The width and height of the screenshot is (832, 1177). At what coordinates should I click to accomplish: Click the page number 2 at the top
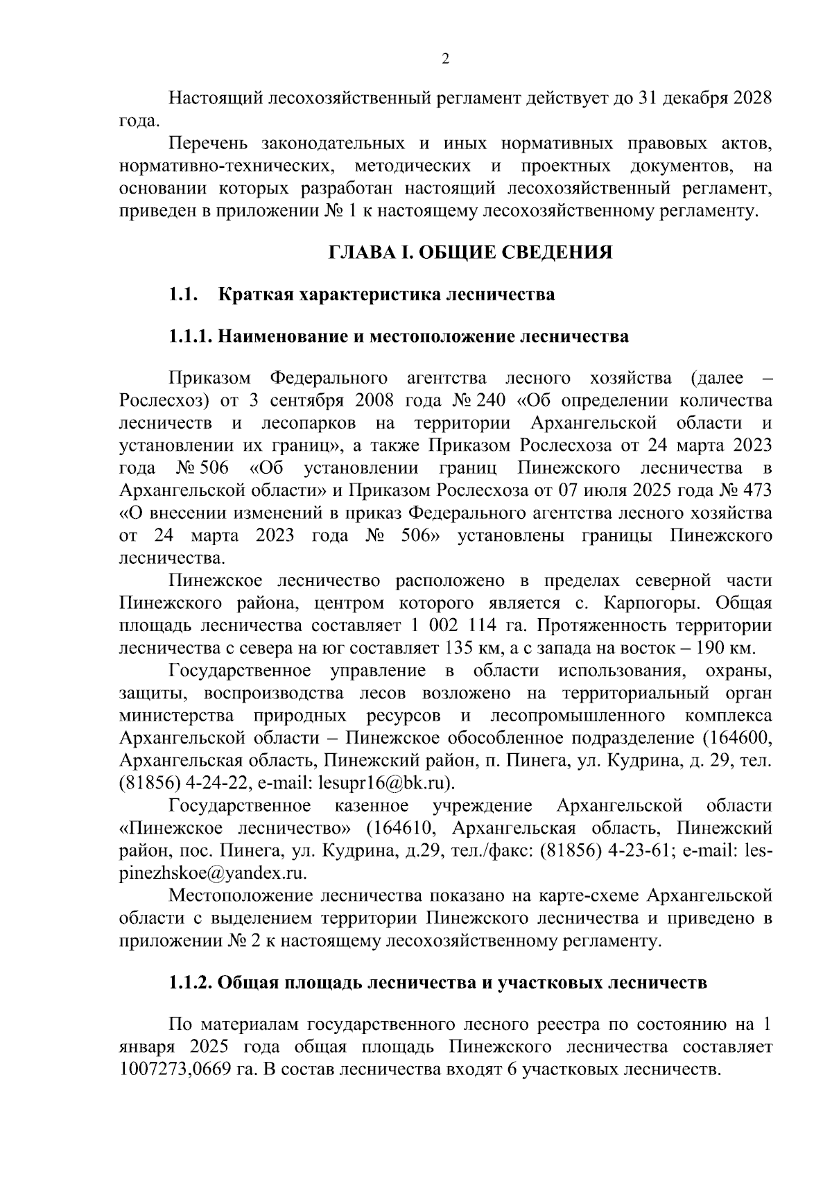pyautogui.click(x=446, y=60)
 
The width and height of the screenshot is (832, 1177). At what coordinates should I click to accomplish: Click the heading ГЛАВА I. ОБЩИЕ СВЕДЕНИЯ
pyautogui.click(x=470, y=252)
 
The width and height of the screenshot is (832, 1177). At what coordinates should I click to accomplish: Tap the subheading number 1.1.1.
pyautogui.click(x=191, y=336)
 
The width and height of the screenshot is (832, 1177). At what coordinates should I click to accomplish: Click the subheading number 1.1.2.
pyautogui.click(x=192, y=983)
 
